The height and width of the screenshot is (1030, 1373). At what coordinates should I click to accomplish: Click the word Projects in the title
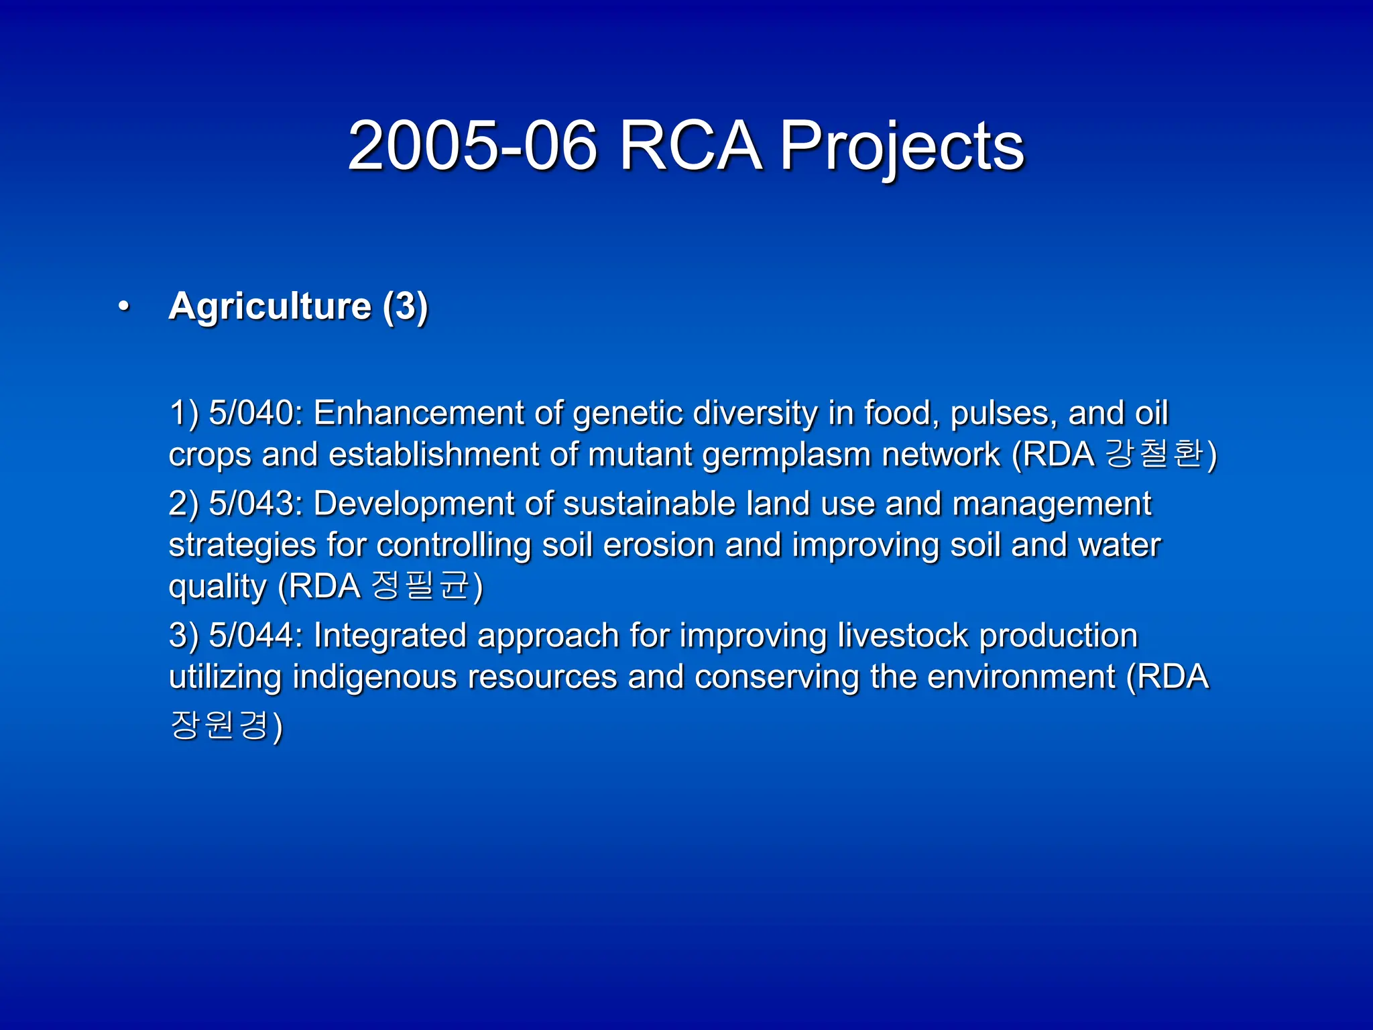tap(901, 146)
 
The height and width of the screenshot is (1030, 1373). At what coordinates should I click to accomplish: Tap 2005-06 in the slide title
tap(472, 146)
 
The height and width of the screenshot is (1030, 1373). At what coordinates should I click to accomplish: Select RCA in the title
tap(690, 146)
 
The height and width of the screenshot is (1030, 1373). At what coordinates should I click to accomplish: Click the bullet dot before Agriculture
tap(123, 306)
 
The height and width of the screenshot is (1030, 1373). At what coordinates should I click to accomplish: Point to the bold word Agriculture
tap(270, 306)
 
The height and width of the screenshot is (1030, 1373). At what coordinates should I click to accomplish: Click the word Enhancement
tap(418, 412)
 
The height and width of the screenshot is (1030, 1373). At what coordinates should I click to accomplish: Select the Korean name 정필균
tap(420, 585)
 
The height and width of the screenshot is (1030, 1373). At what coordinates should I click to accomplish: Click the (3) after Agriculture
tap(405, 307)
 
